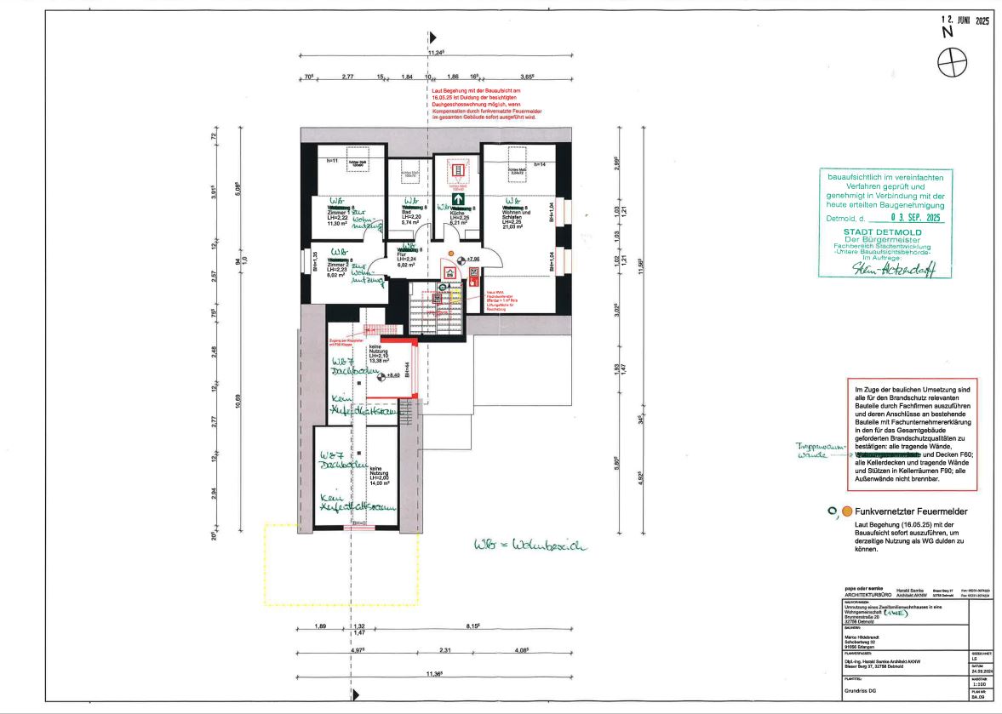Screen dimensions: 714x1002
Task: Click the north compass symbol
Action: click(x=952, y=61)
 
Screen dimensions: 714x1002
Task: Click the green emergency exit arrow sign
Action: click(x=457, y=201)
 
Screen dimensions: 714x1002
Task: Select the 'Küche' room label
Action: click(x=457, y=213)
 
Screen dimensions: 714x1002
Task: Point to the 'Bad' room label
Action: click(x=408, y=213)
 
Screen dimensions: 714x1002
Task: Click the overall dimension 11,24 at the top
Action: click(x=436, y=53)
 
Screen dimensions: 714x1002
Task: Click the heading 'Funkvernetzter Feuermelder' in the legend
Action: click(x=911, y=511)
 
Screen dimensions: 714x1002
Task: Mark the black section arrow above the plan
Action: click(x=432, y=37)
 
